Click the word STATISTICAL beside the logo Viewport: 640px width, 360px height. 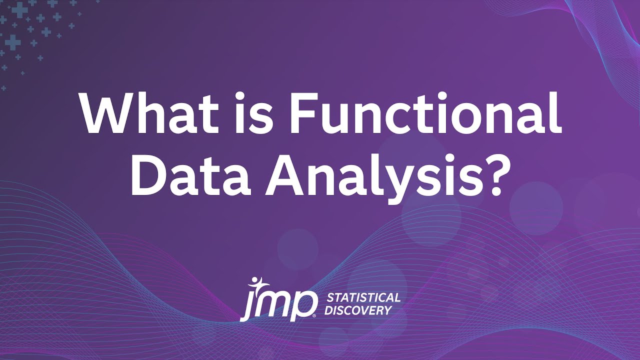[x=363, y=298]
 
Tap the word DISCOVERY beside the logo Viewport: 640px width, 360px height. [x=357, y=310]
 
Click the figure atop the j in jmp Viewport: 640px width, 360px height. [x=256, y=282]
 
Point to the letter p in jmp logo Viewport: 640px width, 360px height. [x=306, y=305]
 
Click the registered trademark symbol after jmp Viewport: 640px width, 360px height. [x=314, y=316]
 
